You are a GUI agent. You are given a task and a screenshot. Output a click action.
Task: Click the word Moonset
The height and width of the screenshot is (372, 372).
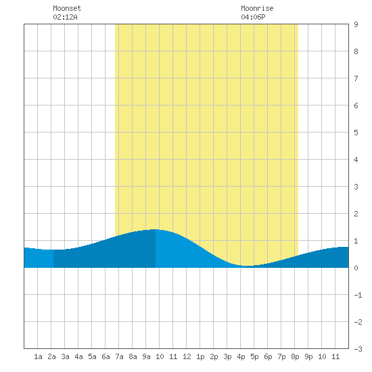(67, 8)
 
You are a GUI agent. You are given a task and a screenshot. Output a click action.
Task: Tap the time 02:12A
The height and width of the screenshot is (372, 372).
(65, 17)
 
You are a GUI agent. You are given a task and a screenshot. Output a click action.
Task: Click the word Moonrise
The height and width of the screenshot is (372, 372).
(257, 8)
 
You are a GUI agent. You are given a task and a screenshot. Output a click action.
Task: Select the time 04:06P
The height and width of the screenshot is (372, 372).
(253, 17)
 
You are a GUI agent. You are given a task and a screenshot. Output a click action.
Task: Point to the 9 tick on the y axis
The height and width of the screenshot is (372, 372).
(356, 24)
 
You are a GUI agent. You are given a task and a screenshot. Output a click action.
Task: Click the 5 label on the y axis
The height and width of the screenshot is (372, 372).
(356, 133)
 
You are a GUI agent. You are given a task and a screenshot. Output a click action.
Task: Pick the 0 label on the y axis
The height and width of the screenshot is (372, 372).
(356, 268)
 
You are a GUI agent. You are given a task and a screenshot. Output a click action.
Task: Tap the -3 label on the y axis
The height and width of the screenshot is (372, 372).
(358, 349)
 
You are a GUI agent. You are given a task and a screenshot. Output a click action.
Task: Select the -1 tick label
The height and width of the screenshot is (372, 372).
(358, 295)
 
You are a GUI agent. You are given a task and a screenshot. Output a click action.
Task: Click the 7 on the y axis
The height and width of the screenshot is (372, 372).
(356, 78)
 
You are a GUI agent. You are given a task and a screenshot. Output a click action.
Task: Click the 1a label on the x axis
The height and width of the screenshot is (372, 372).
(38, 356)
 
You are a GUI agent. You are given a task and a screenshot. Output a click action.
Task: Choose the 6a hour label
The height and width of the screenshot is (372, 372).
(106, 356)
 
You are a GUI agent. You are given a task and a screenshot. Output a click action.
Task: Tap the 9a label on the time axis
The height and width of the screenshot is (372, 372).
(146, 356)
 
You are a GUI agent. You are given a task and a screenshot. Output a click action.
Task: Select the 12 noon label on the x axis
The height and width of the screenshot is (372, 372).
(187, 356)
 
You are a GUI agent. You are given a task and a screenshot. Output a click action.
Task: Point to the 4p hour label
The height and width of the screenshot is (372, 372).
(241, 356)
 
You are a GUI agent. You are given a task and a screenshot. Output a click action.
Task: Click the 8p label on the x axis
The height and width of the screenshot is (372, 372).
(295, 356)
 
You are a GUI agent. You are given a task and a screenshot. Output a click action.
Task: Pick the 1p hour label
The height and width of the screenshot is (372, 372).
(200, 356)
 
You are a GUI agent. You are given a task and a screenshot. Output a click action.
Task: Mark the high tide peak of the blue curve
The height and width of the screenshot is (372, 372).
(155, 229)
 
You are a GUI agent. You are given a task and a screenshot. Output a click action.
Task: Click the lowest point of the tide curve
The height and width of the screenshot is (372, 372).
(247, 266)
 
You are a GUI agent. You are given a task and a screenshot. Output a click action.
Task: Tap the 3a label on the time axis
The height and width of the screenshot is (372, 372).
(65, 356)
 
